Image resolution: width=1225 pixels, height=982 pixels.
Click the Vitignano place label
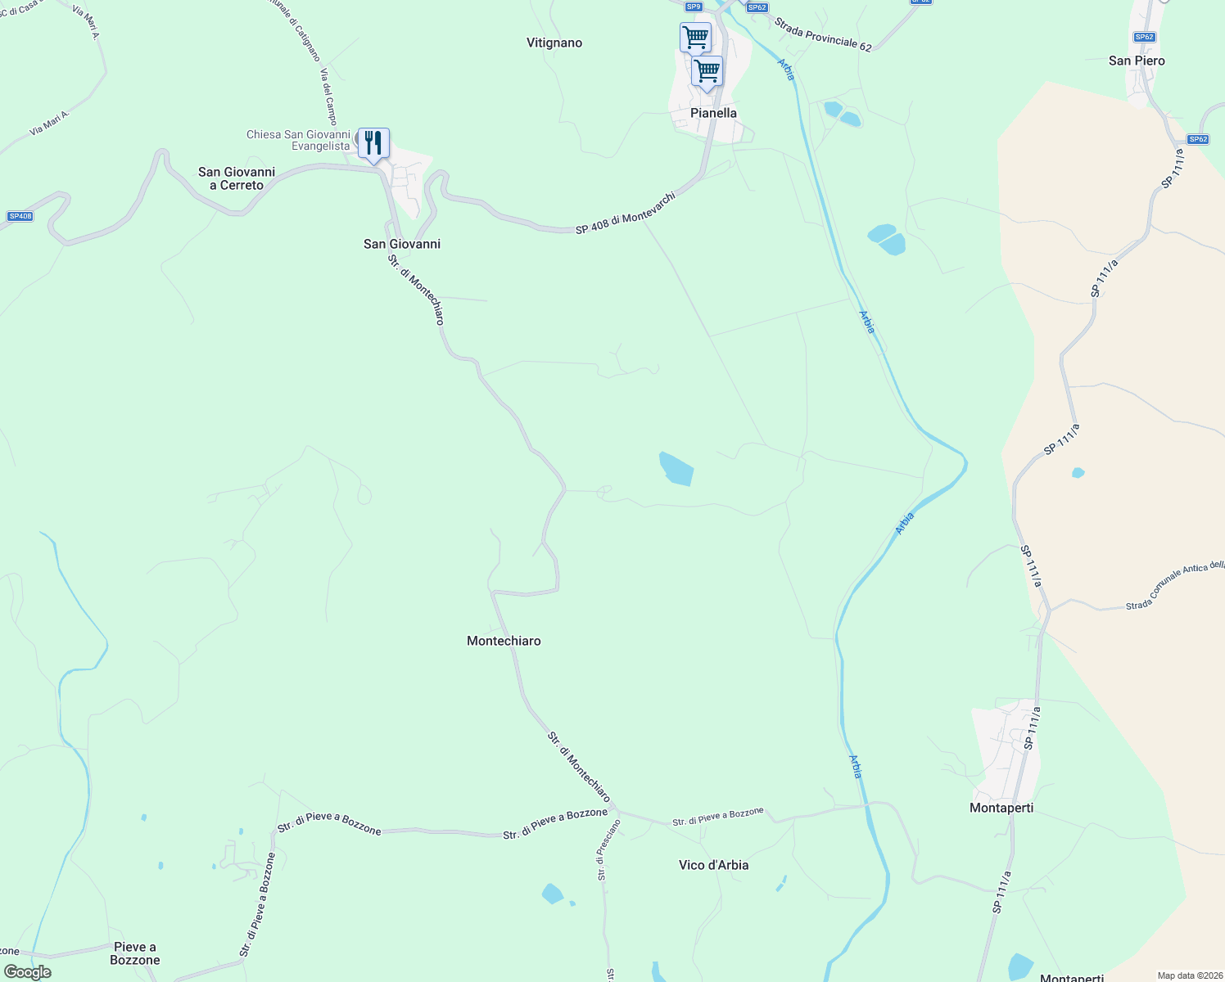pos(554,43)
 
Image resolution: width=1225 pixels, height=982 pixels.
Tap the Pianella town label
pos(713,113)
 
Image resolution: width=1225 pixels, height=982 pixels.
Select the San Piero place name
pos(1137,61)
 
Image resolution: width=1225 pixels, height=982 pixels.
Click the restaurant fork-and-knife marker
pos(373,144)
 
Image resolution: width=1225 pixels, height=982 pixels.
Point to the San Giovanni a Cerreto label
pos(237,178)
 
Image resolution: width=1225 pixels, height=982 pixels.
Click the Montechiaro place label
pos(504,641)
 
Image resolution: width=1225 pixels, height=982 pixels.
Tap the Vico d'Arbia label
pos(713,865)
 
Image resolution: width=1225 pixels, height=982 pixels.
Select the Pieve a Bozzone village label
pos(135,953)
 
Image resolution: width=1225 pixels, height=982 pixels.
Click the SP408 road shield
pos(20,216)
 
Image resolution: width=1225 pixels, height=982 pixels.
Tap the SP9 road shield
pos(694,7)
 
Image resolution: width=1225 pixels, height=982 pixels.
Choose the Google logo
pos(28,972)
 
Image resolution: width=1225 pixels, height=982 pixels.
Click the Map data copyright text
pos(1188,975)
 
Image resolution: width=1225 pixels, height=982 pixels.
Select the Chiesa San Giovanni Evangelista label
pos(299,140)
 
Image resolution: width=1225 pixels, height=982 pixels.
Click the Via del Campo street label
pos(329,97)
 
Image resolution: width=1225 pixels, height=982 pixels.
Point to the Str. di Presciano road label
pos(603,850)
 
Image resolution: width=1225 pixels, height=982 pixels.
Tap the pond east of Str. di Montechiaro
pos(676,469)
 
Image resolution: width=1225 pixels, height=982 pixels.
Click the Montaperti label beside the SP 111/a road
pos(1001,808)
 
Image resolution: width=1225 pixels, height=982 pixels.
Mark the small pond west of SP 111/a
pos(1078,472)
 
